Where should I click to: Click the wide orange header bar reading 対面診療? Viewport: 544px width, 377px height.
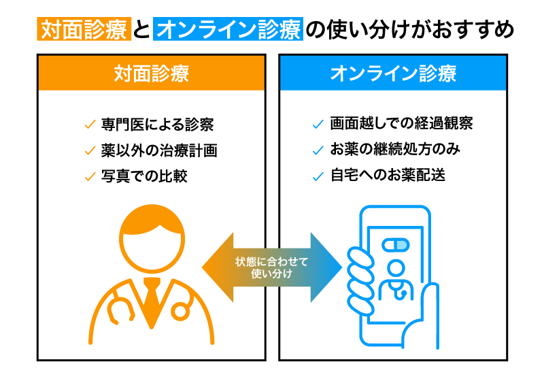pos(151,73)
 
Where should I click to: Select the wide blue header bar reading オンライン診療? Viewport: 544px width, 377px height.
pos(393,73)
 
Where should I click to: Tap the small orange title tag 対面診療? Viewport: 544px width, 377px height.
pos(84,29)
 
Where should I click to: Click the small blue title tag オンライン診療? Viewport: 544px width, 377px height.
pos(228,29)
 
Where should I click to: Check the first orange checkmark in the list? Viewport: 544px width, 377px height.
pos(90,125)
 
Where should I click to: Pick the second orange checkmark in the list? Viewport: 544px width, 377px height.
pos(90,150)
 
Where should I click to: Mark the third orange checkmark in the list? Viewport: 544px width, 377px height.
pos(90,176)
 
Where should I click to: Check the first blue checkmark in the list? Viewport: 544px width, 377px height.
pos(318,125)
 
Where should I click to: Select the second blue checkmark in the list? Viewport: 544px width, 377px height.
pos(318,150)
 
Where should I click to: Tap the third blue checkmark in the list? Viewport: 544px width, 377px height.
pos(318,176)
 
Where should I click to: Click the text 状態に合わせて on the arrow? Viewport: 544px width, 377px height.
pos(271,261)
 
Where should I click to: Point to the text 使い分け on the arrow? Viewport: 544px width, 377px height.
pos(271,274)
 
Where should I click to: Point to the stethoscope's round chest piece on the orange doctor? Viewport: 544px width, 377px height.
pos(180,312)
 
